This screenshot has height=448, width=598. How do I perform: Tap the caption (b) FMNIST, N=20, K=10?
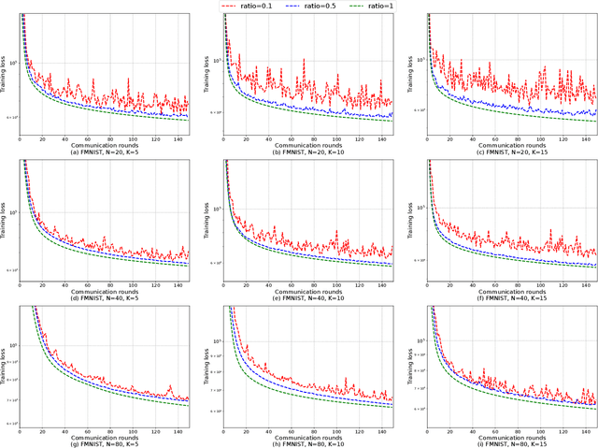coord(307,152)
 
